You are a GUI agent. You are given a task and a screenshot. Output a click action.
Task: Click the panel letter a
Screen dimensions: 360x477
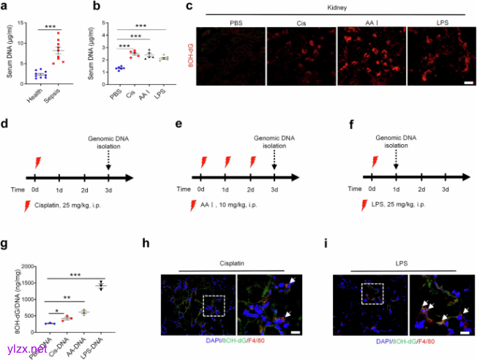pos(6,7)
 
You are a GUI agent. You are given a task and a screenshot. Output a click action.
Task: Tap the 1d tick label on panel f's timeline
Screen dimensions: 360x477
pos(395,188)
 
